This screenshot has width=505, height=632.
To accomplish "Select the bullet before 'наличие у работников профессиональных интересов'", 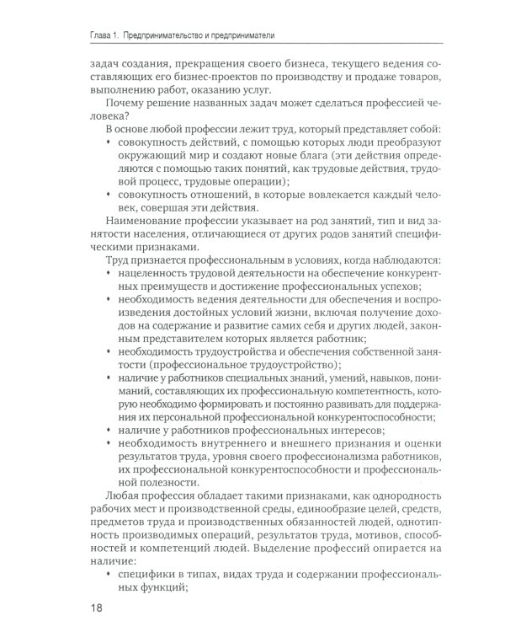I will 110,429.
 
